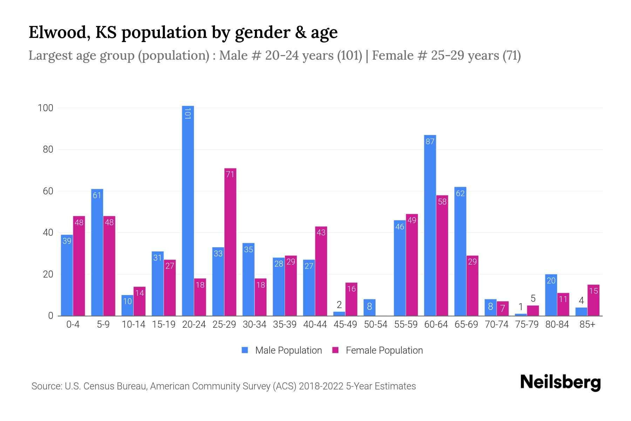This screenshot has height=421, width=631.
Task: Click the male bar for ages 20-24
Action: pyautogui.click(x=188, y=210)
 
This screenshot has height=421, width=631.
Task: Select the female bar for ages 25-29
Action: pyautogui.click(x=230, y=242)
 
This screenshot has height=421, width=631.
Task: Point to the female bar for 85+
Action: pyautogui.click(x=593, y=300)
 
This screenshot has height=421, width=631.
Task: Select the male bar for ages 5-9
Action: pyautogui.click(x=97, y=253)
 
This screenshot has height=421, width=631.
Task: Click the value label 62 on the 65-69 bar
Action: pyautogui.click(x=460, y=193)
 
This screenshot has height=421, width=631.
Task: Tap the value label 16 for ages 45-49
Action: pyautogui.click(x=351, y=289)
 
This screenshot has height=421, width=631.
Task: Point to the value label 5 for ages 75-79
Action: pyautogui.click(x=533, y=299)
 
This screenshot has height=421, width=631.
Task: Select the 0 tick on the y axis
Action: pyautogui.click(x=51, y=316)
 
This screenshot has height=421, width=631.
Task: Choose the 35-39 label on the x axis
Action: pyautogui.click(x=285, y=325)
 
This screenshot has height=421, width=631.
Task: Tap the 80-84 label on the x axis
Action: pyautogui.click(x=557, y=325)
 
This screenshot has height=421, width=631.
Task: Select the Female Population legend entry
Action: pyautogui.click(x=378, y=350)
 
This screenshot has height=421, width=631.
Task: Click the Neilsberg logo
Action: pyautogui.click(x=560, y=382)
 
